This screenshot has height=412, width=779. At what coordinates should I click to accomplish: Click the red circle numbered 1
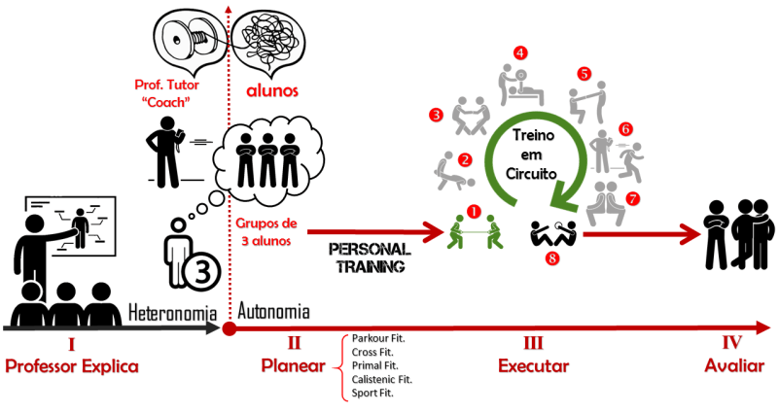[474, 209]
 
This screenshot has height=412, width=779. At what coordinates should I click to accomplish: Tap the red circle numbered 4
[521, 52]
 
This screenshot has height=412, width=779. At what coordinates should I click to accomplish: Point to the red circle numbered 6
[625, 128]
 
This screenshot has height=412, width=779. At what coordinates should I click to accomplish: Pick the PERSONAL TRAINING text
[370, 257]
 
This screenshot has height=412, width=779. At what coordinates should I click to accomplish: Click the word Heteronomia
[171, 312]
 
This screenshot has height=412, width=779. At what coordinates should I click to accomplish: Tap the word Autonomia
[274, 312]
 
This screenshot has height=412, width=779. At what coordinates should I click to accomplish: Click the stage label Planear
[291, 366]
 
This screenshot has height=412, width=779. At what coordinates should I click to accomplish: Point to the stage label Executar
[532, 366]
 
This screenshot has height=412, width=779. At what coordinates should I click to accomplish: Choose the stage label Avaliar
[732, 366]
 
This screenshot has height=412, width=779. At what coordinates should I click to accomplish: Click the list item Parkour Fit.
[379, 339]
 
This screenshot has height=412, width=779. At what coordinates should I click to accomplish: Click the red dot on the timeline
[230, 329]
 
